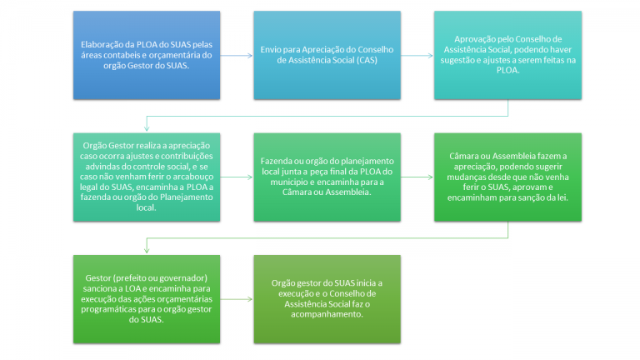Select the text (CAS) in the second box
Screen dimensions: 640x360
[367, 60]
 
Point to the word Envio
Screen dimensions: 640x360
[270, 50]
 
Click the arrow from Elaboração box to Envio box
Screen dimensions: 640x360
[237, 56]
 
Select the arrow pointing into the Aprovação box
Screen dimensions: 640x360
[417, 56]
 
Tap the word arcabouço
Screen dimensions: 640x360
[193, 177]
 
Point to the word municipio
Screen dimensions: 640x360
[289, 182]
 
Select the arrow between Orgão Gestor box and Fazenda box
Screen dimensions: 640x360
[237, 177]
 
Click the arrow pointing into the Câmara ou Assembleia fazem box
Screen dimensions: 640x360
[417, 177]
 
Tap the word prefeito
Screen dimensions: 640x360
[132, 278]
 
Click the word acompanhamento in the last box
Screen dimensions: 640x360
[327, 314]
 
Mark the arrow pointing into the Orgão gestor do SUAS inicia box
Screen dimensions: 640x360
[237, 299]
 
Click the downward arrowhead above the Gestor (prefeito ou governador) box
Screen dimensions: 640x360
[147, 250]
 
